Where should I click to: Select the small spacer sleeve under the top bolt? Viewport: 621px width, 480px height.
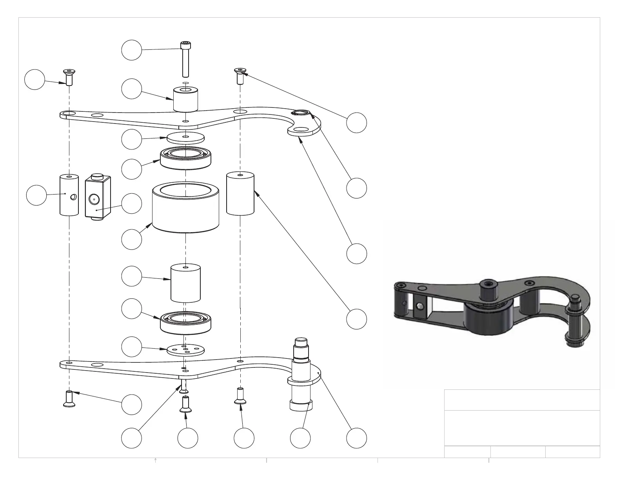coord(185,100)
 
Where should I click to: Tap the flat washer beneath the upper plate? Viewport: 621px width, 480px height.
coord(185,138)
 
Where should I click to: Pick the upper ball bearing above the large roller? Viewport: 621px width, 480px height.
coord(185,158)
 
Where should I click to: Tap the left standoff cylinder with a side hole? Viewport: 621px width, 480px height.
coord(69,195)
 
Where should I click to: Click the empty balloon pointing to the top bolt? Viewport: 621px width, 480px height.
coord(131,50)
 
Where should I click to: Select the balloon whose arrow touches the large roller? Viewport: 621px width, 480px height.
coord(131,239)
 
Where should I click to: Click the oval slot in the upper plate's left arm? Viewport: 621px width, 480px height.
coord(96,115)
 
